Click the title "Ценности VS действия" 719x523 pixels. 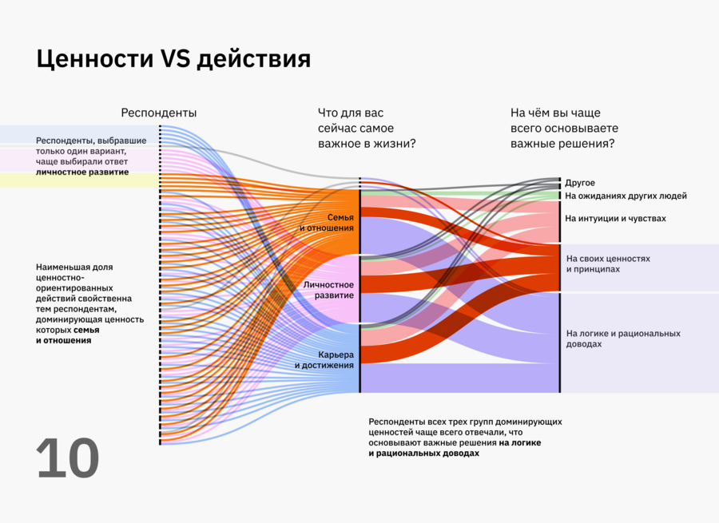click(x=173, y=60)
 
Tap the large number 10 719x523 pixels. click(x=68, y=459)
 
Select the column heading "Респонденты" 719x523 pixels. click(x=158, y=113)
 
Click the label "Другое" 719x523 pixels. click(x=580, y=183)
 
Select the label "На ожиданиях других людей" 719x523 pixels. click(x=626, y=196)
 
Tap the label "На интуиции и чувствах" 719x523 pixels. click(x=615, y=218)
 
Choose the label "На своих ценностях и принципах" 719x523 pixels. click(x=608, y=264)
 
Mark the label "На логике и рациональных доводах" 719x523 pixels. click(x=622, y=339)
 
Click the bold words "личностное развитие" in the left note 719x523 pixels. click(x=82, y=172)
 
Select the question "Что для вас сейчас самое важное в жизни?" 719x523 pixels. click(x=367, y=129)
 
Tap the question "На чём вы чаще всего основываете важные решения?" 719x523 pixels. click(x=564, y=129)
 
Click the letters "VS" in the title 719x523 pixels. click(x=176, y=60)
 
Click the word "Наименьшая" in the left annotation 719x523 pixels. click(x=64, y=267)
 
